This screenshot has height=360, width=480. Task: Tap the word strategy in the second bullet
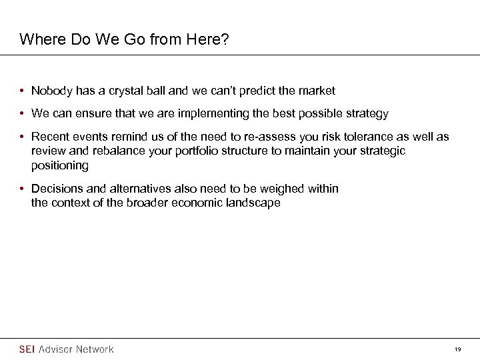pyautogui.click(x=367, y=114)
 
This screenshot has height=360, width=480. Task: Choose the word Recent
pyautogui.click(x=50, y=137)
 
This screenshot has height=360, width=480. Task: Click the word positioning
pyautogui.click(x=60, y=165)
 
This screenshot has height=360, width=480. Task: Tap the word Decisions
pyautogui.click(x=57, y=189)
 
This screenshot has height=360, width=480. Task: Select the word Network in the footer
pyautogui.click(x=95, y=349)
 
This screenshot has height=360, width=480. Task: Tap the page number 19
pyautogui.click(x=458, y=349)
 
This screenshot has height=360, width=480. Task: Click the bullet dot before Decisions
pyautogui.click(x=23, y=189)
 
